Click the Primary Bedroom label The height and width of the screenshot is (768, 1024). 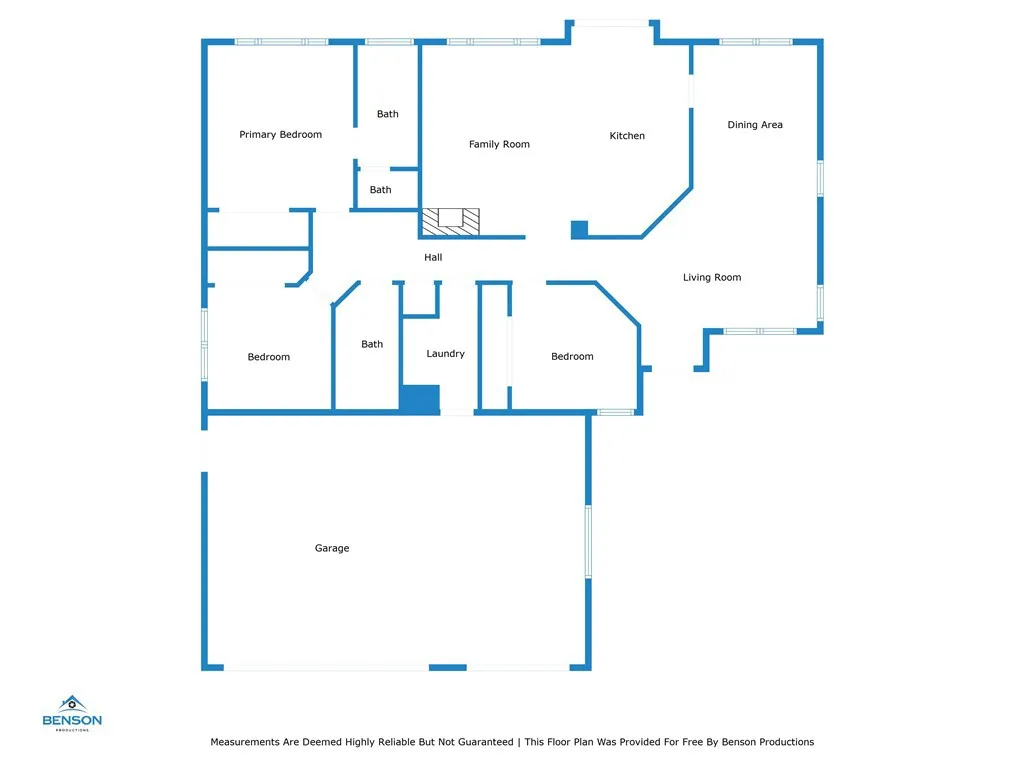click(280, 135)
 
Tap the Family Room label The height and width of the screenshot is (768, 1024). click(499, 144)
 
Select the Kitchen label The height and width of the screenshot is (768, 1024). click(627, 136)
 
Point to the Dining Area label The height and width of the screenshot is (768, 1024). click(755, 125)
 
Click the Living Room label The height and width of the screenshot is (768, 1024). click(712, 278)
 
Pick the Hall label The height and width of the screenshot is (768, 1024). click(433, 257)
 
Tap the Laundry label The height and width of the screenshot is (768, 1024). click(445, 354)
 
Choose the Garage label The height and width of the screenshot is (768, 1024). click(332, 549)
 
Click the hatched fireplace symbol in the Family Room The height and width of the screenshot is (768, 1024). click(451, 221)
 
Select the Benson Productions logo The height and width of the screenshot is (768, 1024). click(72, 713)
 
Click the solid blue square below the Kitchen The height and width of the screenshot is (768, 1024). click(579, 229)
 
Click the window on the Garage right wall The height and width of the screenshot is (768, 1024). click(588, 541)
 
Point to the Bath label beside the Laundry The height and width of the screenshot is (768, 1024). click(372, 344)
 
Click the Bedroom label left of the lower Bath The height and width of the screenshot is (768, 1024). click(268, 357)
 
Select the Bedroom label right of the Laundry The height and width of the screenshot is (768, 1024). click(572, 357)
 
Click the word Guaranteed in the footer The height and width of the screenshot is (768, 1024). click(485, 742)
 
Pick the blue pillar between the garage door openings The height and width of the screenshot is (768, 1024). click(447, 667)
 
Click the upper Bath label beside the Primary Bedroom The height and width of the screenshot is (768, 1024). click(387, 114)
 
